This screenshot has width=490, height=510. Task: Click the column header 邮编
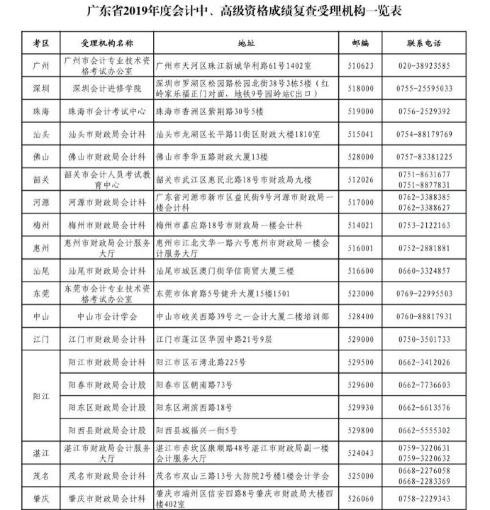[360, 43]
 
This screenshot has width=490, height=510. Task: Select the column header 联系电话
[424, 43]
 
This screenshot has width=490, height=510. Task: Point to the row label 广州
[40, 65]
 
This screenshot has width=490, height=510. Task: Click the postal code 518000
[362, 89]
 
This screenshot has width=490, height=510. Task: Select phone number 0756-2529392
[424, 111]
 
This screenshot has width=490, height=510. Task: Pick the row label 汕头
[40, 134]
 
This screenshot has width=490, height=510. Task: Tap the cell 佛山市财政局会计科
[106, 157]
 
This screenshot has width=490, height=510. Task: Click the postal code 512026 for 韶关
[362, 179]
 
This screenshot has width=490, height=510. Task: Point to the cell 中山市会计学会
[106, 316]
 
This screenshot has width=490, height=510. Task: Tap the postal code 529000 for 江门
[362, 339]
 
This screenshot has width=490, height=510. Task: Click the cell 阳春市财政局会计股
[106, 384]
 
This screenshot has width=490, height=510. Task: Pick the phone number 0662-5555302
[424, 430]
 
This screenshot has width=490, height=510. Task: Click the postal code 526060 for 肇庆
[362, 499]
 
